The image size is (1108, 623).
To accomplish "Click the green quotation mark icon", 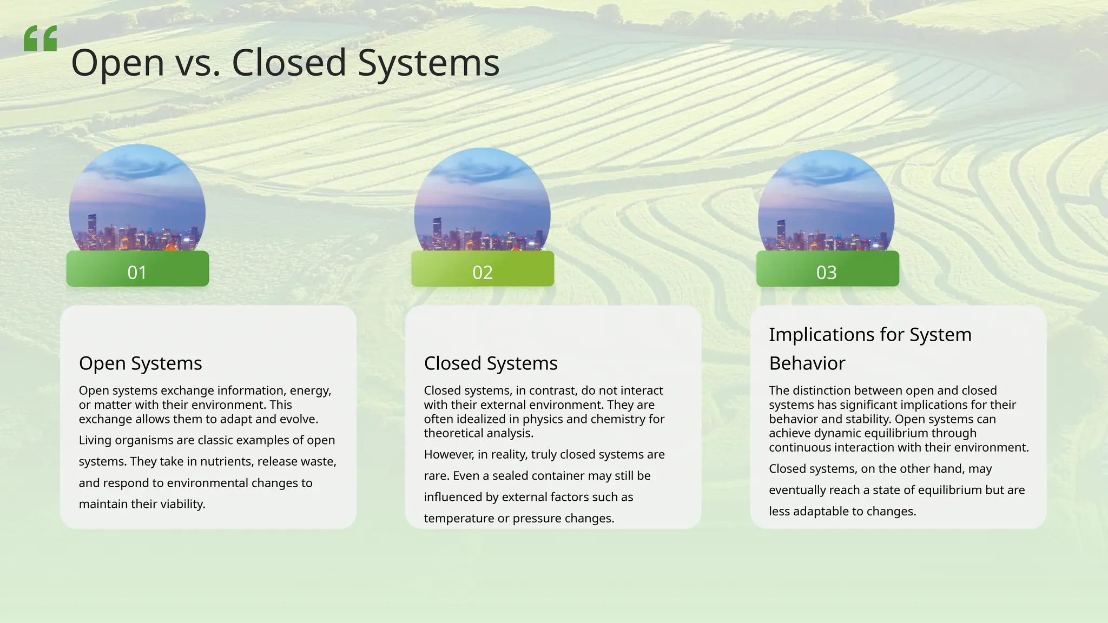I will click(x=41, y=38).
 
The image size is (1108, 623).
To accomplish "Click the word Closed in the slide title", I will click(x=289, y=63).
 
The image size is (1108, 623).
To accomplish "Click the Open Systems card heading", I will click(x=141, y=363).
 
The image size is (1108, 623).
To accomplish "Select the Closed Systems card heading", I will click(x=491, y=363).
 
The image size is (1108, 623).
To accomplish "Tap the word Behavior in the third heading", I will click(x=807, y=363).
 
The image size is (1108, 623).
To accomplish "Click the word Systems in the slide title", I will click(x=428, y=63).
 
